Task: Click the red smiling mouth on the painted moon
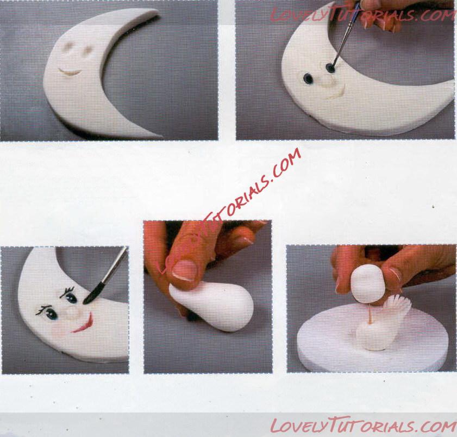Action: [x=84, y=325]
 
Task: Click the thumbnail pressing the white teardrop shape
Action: [x=183, y=270]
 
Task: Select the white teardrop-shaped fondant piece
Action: [x=212, y=309]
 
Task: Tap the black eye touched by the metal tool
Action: [x=330, y=69]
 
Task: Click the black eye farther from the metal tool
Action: [x=308, y=78]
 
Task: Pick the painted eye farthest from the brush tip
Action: [x=51, y=314]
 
